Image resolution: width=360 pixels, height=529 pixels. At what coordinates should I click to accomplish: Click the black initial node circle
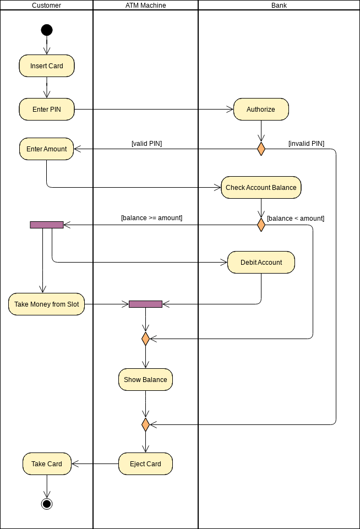click(x=47, y=30)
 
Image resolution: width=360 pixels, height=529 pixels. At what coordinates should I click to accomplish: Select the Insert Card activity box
click(x=47, y=66)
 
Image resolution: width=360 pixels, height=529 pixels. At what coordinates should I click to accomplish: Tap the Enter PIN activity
click(x=47, y=109)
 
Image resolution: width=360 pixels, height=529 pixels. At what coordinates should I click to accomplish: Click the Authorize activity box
click(x=261, y=109)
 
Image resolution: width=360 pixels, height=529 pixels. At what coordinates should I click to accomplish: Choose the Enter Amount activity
click(x=47, y=149)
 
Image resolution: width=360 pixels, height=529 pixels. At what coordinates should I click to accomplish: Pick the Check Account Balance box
click(x=261, y=187)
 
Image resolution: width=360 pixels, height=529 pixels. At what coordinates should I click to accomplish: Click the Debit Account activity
click(x=261, y=262)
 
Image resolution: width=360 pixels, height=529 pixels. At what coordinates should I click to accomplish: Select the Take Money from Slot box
click(x=47, y=304)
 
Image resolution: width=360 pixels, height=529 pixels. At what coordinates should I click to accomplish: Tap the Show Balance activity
click(x=145, y=379)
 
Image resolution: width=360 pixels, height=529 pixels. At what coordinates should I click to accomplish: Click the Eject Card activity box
click(x=145, y=463)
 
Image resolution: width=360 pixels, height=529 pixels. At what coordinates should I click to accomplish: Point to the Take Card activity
click(x=47, y=463)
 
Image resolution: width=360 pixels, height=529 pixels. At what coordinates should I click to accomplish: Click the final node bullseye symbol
click(x=47, y=503)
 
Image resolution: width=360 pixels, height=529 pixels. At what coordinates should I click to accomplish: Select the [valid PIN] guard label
click(x=146, y=144)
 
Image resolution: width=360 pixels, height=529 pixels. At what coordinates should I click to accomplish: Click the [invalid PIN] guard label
click(x=306, y=144)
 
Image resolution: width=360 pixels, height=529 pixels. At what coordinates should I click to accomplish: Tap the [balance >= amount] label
click(x=151, y=218)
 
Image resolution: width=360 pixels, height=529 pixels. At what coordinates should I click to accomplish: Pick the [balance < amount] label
click(x=296, y=219)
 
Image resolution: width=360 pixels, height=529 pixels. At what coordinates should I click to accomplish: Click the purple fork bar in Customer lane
click(x=47, y=225)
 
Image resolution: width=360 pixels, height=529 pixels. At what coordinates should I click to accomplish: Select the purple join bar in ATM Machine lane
click(x=145, y=304)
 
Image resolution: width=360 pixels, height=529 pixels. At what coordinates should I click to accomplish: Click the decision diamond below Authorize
click(x=261, y=149)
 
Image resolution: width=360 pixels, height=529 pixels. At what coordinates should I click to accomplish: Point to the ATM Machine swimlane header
click(x=145, y=6)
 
